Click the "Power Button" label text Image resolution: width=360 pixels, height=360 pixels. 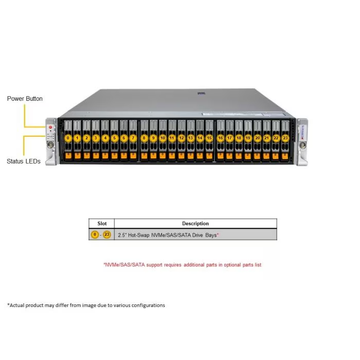(25, 99)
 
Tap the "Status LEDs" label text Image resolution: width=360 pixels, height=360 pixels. (24, 161)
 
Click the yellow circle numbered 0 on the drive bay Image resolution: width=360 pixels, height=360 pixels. (68, 138)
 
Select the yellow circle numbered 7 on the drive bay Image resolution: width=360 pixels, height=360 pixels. (133, 138)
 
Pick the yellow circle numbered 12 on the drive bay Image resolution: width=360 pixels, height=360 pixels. (182, 138)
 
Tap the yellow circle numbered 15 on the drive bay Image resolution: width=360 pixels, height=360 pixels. (209, 138)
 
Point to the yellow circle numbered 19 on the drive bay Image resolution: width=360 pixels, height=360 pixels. (248, 138)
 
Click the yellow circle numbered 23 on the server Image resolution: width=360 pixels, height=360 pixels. (285, 138)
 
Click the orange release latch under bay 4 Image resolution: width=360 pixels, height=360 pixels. (105, 156)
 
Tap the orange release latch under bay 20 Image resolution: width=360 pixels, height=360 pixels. (257, 156)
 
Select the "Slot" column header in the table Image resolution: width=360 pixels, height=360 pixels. (102, 224)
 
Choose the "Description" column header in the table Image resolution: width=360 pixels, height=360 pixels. (195, 224)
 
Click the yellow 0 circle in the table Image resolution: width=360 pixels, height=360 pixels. (95, 235)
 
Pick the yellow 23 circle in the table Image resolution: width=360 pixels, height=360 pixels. (107, 235)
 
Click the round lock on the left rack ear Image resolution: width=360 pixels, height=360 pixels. (50, 145)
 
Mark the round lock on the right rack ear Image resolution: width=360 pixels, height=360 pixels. (302, 145)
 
